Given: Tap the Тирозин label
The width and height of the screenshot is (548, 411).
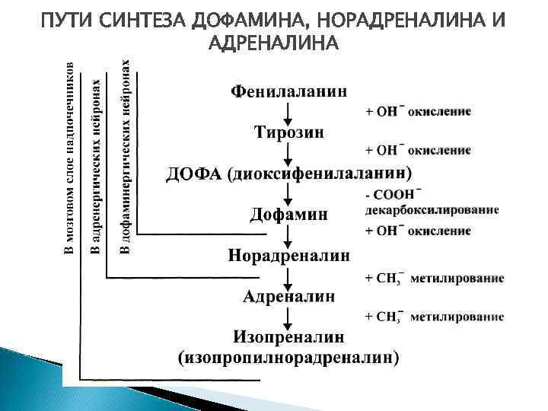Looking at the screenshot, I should [288, 132].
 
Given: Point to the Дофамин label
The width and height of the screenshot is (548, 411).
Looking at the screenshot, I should [288, 215].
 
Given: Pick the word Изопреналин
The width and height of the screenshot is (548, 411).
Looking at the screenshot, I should [288, 336].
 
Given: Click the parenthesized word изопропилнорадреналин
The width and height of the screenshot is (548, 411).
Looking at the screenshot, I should [288, 355].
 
